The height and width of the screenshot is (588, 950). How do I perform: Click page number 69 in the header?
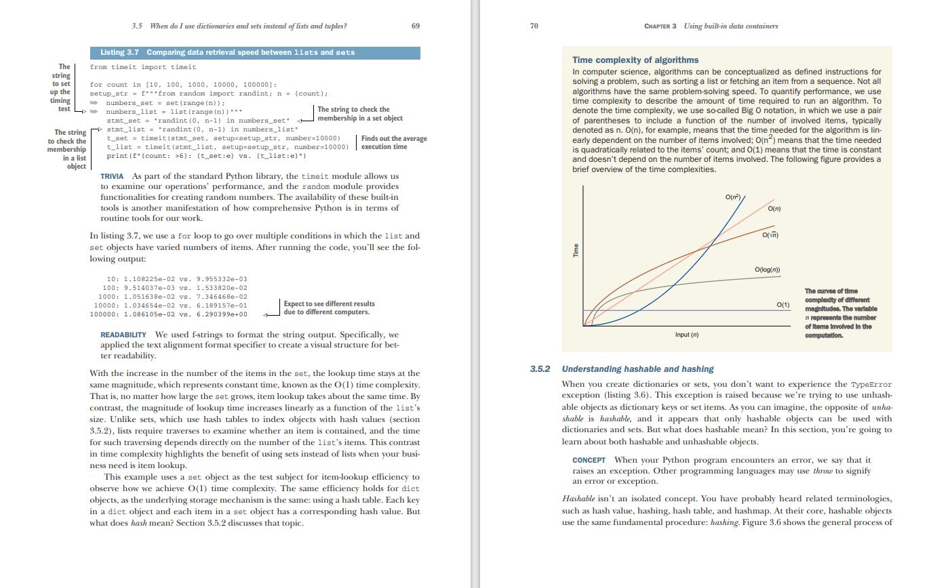coord(416,26)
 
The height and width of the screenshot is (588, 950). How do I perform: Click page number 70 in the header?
coord(534,26)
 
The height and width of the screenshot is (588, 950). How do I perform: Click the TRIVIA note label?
coord(112,176)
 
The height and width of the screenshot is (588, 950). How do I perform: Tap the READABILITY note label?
coord(123,335)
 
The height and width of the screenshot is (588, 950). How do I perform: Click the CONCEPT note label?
coord(589,460)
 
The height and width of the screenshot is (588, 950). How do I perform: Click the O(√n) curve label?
coord(770,235)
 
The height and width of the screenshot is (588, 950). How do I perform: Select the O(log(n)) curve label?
coord(767,270)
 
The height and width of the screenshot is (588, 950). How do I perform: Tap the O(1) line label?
coord(783,305)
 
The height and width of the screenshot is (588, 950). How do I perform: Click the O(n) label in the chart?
coord(774,209)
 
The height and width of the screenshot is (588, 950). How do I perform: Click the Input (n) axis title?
coord(686,335)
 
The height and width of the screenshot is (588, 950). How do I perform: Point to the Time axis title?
coord(576,250)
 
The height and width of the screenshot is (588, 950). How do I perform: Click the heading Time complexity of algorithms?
coord(635,60)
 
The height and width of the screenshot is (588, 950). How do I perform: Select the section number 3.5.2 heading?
coord(540,369)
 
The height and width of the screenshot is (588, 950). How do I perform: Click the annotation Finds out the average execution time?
coord(393,142)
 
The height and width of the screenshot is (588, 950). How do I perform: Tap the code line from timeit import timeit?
coord(143,67)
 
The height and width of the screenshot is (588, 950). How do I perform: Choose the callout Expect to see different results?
coord(329,308)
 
